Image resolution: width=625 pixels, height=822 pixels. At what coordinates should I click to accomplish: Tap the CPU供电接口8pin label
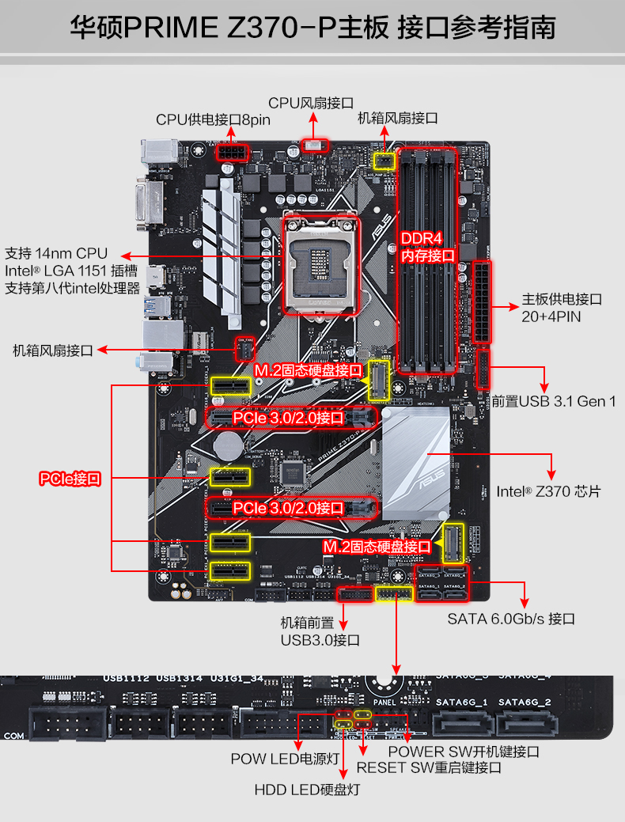pos(213,119)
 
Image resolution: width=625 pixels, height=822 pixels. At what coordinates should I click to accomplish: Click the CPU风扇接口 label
pos(310,103)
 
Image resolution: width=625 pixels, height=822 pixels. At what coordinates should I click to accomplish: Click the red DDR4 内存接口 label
pos(427,247)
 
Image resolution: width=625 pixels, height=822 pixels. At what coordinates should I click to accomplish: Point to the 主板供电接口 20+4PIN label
pos(562,308)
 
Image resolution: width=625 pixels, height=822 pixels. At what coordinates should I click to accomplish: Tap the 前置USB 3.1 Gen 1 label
pos(554,401)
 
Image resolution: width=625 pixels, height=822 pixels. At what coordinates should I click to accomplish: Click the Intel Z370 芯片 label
pos(548,491)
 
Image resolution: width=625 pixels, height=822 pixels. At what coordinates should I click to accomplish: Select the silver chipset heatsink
pos(416,467)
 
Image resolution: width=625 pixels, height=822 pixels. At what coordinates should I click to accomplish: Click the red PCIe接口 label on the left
pos(70,479)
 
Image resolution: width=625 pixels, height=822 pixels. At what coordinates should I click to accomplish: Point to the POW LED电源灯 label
pos(285,759)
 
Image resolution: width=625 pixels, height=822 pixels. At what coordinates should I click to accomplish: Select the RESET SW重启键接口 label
pos(429,767)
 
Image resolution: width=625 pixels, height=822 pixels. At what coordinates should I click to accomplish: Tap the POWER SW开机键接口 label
pos(464,751)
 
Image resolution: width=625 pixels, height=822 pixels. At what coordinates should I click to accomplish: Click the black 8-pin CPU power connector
pos(231,151)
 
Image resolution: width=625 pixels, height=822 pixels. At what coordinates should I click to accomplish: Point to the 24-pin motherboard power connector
pos(481,301)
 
